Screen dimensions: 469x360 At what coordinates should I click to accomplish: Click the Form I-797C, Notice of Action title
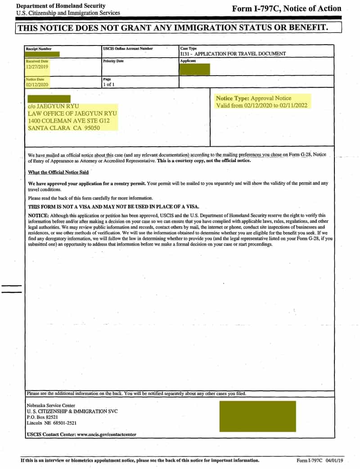287,9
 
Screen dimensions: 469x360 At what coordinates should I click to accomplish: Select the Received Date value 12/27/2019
37,67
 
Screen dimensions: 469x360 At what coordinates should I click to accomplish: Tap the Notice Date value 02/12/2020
37,84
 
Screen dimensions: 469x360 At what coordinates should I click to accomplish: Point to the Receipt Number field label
39,49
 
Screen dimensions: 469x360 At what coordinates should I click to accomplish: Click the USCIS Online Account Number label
128,49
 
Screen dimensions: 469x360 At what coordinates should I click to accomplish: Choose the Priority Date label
113,61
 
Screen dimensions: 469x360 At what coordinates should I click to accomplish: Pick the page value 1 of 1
109,84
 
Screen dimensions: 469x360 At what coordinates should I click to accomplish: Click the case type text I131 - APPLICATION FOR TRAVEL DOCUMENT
233,54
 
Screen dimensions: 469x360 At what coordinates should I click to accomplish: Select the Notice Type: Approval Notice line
253,98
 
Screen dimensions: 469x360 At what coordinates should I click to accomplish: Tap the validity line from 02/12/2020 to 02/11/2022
262,105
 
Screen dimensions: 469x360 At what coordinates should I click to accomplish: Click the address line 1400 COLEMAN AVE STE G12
68,121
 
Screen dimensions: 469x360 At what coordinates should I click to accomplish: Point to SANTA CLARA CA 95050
63,128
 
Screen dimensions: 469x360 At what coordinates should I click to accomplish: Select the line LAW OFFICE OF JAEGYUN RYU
72,113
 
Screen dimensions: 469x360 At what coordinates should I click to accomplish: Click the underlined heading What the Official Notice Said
58,172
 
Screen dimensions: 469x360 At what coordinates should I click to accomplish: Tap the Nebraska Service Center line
51,405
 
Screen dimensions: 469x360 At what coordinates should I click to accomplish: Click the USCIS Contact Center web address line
81,434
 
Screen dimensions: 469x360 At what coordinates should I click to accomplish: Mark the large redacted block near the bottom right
257,416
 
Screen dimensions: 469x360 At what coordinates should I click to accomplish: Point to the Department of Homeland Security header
61,6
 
